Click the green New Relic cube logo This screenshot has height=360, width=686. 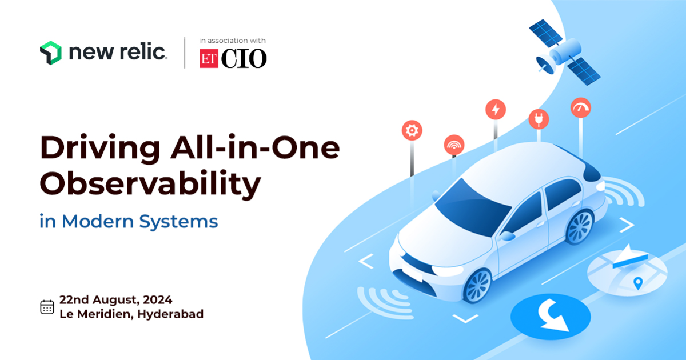coord(50,53)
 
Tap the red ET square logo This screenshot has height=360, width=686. coord(209,58)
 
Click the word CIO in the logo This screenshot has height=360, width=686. coord(244,58)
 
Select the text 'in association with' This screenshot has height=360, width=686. coord(232,41)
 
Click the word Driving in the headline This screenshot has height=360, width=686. coord(100,148)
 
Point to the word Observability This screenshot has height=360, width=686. coord(150,184)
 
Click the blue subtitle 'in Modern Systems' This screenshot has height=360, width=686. coord(129,221)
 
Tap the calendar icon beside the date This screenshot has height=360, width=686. coord(47,307)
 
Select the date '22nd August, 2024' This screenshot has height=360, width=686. coord(115,299)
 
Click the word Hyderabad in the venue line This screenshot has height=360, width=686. coord(170,314)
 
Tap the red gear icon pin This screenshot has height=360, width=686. coord(412,130)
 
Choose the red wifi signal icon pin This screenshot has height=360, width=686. coord(454,145)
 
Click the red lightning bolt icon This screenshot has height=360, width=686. coord(496,109)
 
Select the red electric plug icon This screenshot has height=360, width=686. coord(539,119)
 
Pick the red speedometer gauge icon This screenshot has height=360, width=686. coord(581,108)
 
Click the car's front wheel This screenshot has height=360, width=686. coord(477,286)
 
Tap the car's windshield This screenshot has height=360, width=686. coord(472,207)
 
